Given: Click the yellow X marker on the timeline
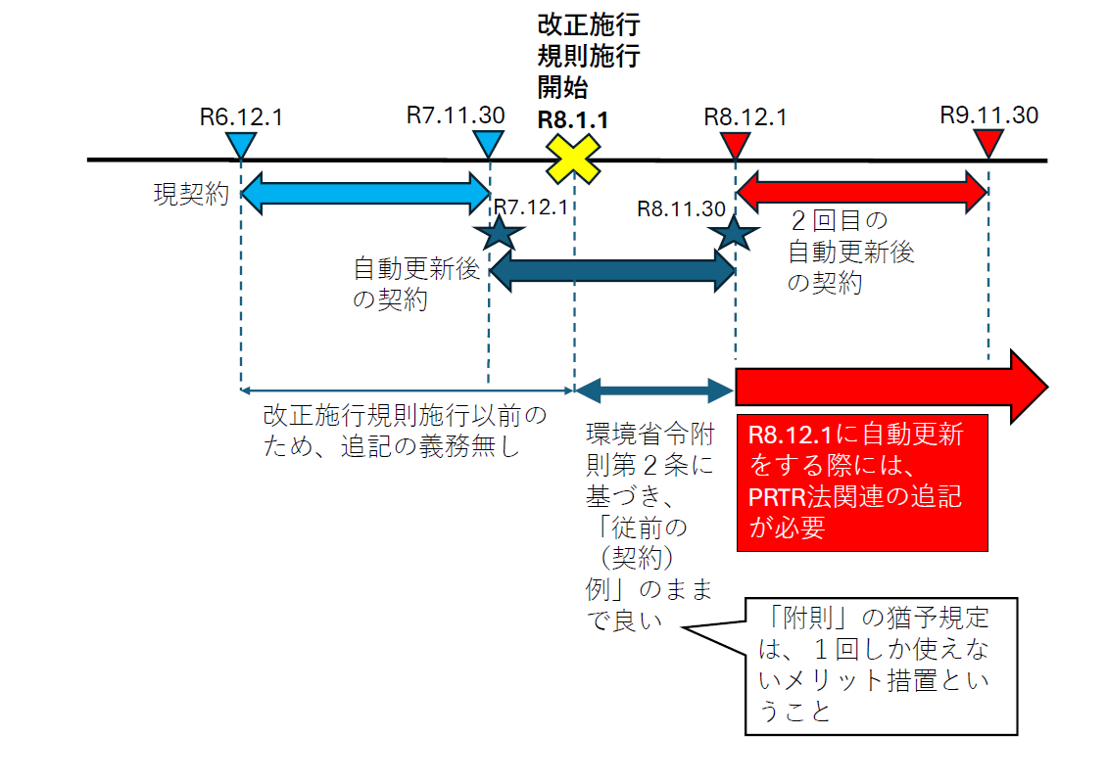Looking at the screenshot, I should coord(573,159).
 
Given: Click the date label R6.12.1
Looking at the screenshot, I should coord(241,116).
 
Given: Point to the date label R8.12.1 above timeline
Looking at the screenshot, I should coord(745,116).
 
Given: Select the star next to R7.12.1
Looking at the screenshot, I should coord(499,233).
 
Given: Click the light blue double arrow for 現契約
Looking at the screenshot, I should coord(364,193).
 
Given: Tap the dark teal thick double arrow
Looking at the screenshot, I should coord(612,270).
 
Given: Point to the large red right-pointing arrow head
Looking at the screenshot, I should coord(1029,386).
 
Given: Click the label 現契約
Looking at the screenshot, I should coord(190,194).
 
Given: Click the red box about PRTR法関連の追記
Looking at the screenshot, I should coord(861,482).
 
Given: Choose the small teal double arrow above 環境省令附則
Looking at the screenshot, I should coord(653,391).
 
